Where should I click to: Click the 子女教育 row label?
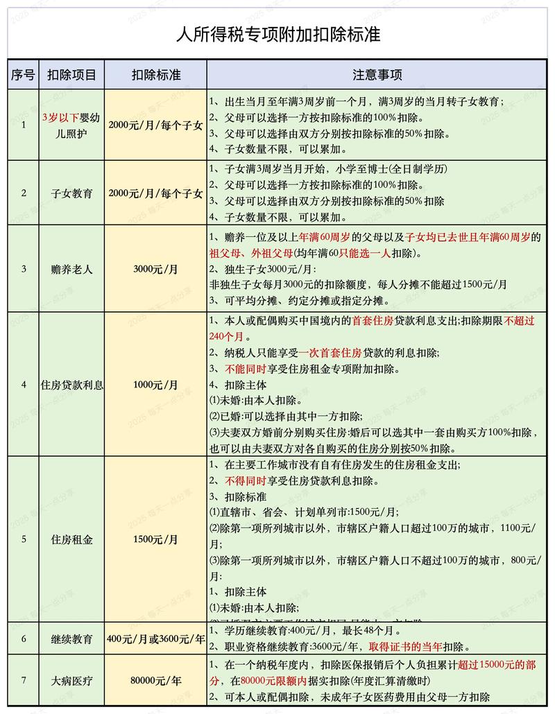pyautogui.click(x=71, y=193)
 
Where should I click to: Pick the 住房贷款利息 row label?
pyautogui.click(x=71, y=385)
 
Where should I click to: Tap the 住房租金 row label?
pyautogui.click(x=71, y=539)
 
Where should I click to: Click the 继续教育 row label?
pyautogui.click(x=71, y=638)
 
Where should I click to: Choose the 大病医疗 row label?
pyautogui.click(x=71, y=680)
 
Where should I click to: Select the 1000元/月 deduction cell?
pyautogui.click(x=156, y=385)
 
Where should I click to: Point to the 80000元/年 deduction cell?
pyautogui.click(x=156, y=680)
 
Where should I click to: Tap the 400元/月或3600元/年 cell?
pyautogui.click(x=156, y=638)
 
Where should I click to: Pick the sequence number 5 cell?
pyautogui.click(x=23, y=539)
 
